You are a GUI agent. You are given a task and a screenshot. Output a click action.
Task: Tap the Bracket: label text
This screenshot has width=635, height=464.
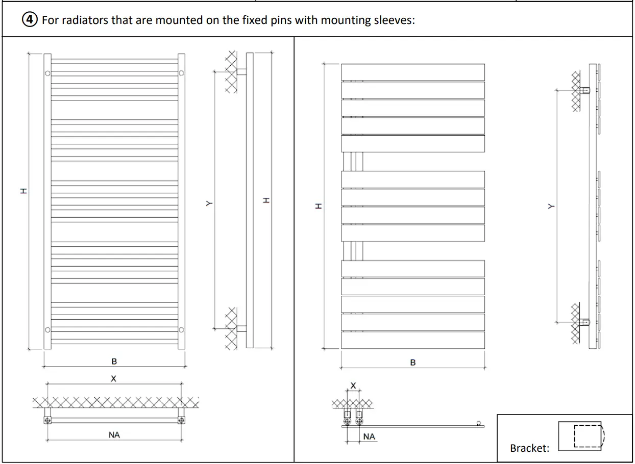(529, 448)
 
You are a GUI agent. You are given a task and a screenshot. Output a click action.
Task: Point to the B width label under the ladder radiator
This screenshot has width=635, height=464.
(114, 362)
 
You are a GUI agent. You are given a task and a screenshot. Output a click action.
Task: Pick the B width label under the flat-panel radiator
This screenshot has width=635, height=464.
(413, 363)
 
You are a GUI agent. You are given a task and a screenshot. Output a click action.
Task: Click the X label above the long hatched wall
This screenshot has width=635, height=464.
(114, 379)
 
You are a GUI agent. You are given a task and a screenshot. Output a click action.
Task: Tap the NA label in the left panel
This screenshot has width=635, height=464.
(114, 435)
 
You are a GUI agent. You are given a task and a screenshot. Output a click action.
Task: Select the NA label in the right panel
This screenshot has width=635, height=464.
(369, 436)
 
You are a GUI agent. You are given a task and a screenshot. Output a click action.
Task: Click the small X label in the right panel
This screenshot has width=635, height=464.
(353, 385)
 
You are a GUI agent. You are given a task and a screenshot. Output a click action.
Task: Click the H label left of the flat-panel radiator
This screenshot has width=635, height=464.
(317, 207)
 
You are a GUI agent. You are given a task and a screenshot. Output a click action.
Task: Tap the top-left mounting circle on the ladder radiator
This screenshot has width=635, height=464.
(47, 73)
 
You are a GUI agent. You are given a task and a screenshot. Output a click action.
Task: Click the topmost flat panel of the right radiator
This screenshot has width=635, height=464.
(412, 72)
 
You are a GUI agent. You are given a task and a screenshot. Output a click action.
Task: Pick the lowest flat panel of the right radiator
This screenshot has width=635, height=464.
(412, 340)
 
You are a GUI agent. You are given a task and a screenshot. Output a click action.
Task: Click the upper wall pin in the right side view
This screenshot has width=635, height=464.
(586, 91)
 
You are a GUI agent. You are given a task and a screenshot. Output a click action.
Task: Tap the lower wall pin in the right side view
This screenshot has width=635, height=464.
(586, 322)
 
